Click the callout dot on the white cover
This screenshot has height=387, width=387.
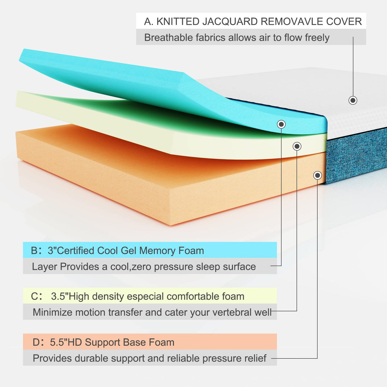tap(353, 100)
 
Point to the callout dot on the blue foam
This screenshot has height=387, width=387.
tap(281, 124)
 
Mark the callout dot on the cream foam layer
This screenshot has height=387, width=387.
tap(297, 146)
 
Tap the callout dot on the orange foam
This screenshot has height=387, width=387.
tap(317, 175)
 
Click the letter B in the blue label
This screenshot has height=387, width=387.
tap(34, 251)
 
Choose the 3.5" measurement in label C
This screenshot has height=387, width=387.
tap(59, 296)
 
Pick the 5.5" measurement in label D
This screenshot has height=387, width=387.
tap(58, 342)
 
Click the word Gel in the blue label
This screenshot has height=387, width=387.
tap(128, 251)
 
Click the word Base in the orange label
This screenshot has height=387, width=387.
tap(134, 342)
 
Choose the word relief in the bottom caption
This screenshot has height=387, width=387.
tap(255, 358)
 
